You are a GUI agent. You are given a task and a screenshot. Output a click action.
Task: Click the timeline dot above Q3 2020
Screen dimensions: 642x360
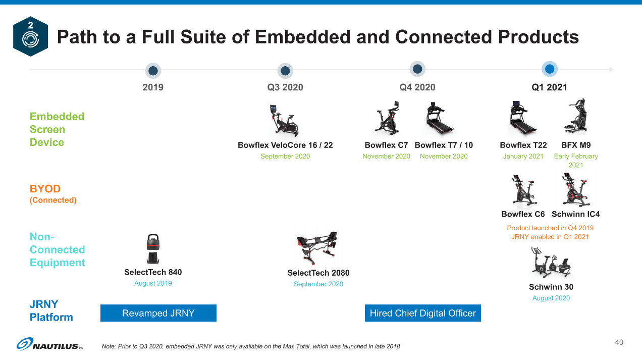coord(285,71)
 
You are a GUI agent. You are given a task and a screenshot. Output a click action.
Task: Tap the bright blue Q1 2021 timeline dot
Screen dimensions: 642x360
coord(550,69)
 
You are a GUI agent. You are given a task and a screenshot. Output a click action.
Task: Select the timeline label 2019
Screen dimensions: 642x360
coord(153,87)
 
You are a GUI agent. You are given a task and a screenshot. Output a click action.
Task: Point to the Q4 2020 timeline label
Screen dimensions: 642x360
coord(417,87)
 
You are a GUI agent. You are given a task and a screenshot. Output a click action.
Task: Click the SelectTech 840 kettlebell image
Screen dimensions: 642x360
coord(153,248)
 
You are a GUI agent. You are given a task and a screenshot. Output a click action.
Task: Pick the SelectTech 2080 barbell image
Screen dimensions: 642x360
coord(317,247)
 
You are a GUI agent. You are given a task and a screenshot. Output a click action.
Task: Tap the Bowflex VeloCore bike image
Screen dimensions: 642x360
coord(284,120)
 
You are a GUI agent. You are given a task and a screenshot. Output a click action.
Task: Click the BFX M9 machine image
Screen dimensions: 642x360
coord(576,117)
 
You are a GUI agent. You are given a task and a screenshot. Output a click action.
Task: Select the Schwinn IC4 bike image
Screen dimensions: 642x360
coord(575,189)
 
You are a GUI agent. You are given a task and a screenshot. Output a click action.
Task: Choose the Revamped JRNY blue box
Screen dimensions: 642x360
coord(158,313)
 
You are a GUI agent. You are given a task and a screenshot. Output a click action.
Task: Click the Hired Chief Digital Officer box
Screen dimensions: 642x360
coord(423,313)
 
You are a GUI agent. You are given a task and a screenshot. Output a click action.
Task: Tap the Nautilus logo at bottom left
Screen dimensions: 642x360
coord(49,344)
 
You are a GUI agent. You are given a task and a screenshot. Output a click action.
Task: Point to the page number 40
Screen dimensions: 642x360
coord(619,342)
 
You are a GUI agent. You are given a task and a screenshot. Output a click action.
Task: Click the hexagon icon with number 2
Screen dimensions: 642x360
coord(30,36)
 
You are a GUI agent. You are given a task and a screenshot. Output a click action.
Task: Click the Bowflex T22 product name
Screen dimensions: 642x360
coord(523,145)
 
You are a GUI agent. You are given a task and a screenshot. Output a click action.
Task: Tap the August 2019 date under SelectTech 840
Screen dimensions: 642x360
coord(153,283)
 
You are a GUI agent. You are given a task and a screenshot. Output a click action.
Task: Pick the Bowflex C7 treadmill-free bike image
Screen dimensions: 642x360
coord(386,118)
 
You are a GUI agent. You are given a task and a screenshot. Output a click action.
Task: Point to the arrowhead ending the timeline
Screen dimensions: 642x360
coord(611,69)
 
